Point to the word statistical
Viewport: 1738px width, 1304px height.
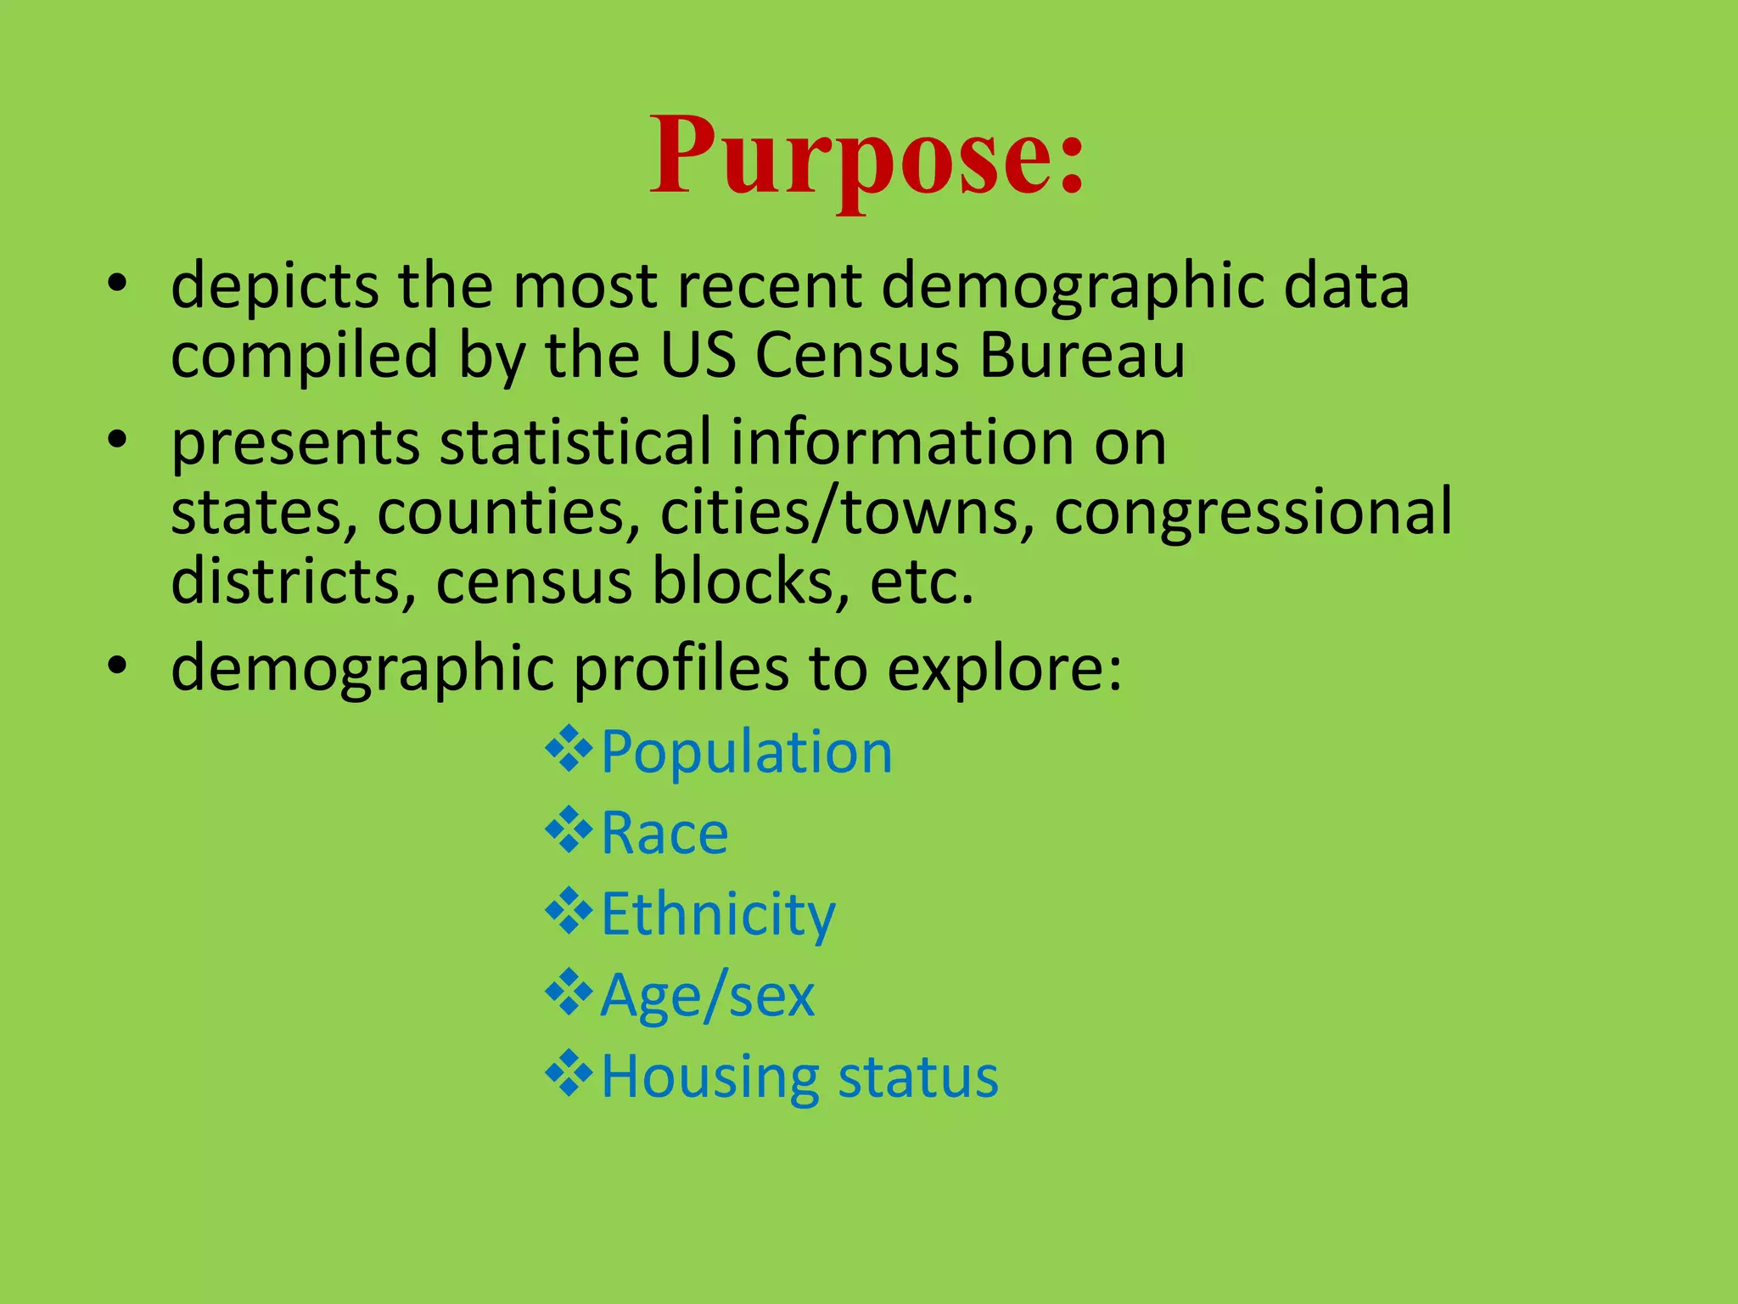click(x=575, y=442)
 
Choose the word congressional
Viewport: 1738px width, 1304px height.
click(x=1253, y=513)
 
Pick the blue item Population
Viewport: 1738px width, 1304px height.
click(x=747, y=752)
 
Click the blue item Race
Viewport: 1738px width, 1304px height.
click(x=664, y=833)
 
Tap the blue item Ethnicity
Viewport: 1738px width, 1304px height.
click(x=718, y=914)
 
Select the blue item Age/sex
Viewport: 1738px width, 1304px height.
click(x=707, y=995)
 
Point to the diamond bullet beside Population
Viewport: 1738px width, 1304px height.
click(x=569, y=750)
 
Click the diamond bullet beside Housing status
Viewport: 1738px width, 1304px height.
click(x=569, y=1074)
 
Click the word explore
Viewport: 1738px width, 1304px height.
click(x=1004, y=669)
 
